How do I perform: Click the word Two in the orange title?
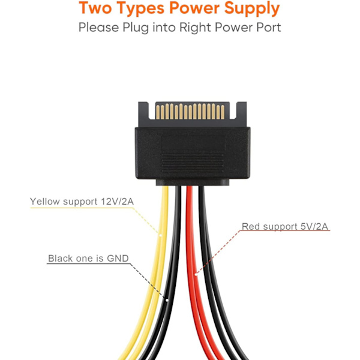coord(98,9)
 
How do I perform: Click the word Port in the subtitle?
coord(268,28)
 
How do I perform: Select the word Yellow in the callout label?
coord(46,202)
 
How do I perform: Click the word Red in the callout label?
coord(251,227)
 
